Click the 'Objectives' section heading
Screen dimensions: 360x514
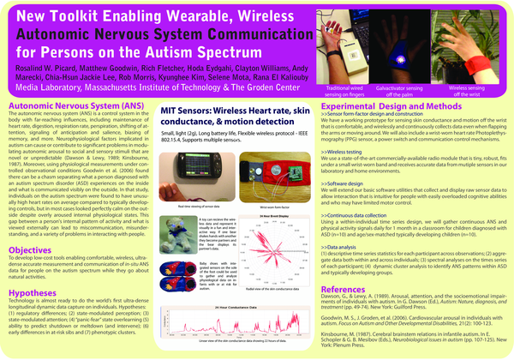click(29, 225)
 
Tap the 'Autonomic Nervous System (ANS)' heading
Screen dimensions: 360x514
click(73, 103)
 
